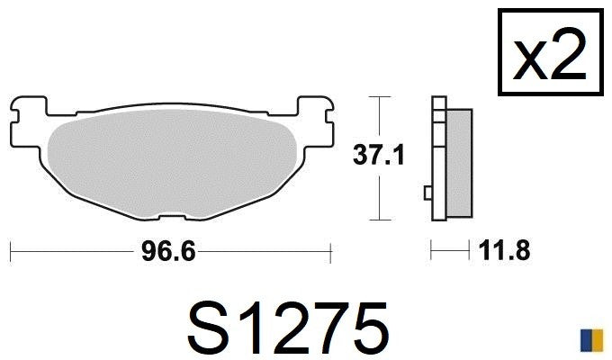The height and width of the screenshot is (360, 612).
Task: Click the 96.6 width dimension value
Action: [168, 251]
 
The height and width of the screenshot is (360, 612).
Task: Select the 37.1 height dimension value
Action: [378, 155]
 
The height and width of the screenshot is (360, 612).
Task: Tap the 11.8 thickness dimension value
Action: [505, 250]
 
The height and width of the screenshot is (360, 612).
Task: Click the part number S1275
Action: [288, 328]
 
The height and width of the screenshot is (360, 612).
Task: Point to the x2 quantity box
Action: [551, 53]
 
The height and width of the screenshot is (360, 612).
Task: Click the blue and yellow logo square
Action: [591, 340]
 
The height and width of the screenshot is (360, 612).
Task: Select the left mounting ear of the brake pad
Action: [28, 121]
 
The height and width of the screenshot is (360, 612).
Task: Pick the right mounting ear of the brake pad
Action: [316, 121]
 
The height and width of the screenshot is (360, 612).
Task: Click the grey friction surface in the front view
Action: [172, 164]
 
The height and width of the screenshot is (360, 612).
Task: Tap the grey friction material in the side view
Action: [459, 163]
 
